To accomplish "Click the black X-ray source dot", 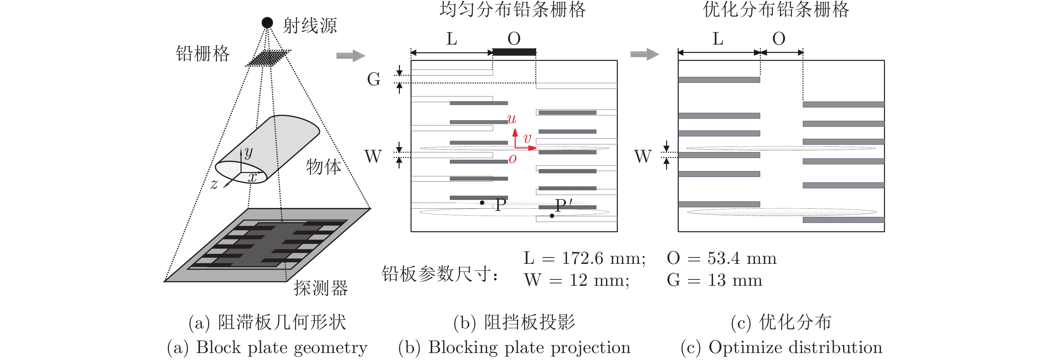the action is (267, 22).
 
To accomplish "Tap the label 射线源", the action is (310, 26).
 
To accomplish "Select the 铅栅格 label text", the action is (203, 53).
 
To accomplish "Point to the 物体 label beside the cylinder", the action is (324, 167).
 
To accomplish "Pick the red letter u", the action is (511, 119).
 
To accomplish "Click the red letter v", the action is (527, 138).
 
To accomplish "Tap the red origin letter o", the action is (513, 159).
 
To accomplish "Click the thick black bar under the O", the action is (514, 52).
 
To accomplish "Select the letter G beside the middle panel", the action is (374, 79).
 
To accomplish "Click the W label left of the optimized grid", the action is (643, 156).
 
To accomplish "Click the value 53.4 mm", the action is (742, 258).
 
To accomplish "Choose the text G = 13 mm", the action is (714, 280).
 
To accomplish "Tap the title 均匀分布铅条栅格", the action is (513, 9).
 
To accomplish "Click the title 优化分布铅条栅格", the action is (776, 9).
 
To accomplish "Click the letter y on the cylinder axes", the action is (249, 152).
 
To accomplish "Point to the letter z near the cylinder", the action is (214, 184).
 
